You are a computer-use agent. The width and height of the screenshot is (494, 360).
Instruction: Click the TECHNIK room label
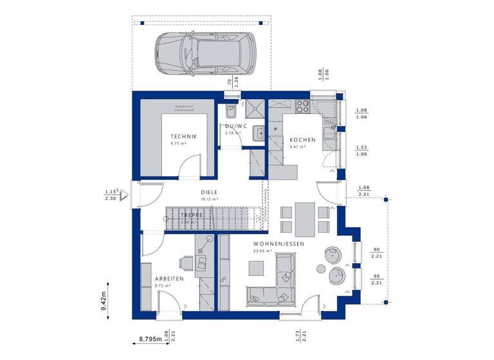pyautogui.click(x=183, y=136)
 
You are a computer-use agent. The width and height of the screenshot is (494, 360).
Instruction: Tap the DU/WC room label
pyautogui.click(x=233, y=126)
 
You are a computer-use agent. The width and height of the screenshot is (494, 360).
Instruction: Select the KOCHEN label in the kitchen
pyautogui.click(x=302, y=140)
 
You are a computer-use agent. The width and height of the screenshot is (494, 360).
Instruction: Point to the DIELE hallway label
pyautogui.click(x=208, y=192)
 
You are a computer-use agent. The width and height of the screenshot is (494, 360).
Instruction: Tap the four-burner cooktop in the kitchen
pyautogui.click(x=302, y=105)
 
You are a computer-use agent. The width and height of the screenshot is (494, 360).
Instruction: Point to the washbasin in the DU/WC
pyautogui.click(x=257, y=133)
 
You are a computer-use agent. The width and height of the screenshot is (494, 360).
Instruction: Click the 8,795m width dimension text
pyautogui.click(x=151, y=337)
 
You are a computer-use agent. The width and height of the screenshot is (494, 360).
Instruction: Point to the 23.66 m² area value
pyautogui.click(x=263, y=251)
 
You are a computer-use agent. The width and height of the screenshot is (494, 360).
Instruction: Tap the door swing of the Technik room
pyautogui.click(x=188, y=168)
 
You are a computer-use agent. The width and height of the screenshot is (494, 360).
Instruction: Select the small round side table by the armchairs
pyautogui.click(x=322, y=268)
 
